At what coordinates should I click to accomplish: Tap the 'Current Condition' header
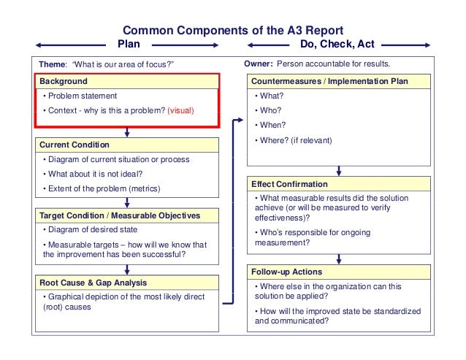pos(75,145)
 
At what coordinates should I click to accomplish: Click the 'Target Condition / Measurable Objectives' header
pos(120,215)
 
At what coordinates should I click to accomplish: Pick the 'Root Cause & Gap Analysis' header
pos(93,282)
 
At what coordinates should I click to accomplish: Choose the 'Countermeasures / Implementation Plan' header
pos(329,81)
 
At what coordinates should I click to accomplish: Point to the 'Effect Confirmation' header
pos(289,184)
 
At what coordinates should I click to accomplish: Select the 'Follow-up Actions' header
pos(286,272)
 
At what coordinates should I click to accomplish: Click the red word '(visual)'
pos(182,111)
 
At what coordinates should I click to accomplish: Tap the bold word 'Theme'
pos(52,64)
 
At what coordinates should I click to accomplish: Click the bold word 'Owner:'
pos(259,64)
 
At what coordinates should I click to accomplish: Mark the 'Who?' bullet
pos(269,110)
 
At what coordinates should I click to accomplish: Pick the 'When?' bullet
pos(270,125)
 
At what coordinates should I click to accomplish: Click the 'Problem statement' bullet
pos(80,96)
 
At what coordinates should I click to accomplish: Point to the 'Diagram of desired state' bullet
pos(91,230)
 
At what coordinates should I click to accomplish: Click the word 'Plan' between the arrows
pos(129,44)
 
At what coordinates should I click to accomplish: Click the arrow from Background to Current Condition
pos(128,132)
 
